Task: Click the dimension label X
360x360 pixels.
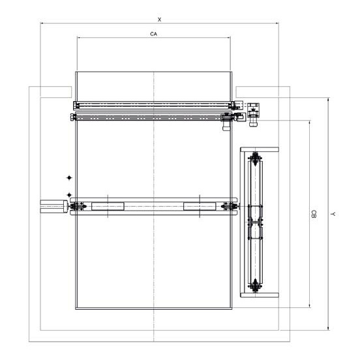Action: point(159,20)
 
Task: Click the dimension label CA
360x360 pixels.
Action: point(154,34)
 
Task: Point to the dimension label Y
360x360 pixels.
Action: point(333,214)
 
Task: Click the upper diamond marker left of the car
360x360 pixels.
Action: point(69,177)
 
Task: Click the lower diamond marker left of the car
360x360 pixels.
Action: point(69,195)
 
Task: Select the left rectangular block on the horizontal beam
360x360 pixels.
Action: point(108,206)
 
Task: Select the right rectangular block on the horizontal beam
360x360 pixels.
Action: point(200,206)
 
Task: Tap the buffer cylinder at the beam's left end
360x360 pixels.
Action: point(54,206)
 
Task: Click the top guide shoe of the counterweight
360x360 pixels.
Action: point(254,158)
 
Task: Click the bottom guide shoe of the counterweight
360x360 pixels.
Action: point(254,286)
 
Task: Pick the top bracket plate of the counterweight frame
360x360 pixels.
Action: point(260,149)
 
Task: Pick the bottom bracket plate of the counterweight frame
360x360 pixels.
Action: point(260,295)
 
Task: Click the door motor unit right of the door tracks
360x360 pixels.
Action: point(253,114)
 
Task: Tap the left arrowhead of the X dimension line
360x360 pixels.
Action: point(41,23)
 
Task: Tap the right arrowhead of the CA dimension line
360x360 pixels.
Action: point(229,38)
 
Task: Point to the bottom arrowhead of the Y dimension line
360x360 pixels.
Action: point(329,329)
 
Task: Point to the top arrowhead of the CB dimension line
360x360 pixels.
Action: point(310,122)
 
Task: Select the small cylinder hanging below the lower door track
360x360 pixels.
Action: point(226,126)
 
